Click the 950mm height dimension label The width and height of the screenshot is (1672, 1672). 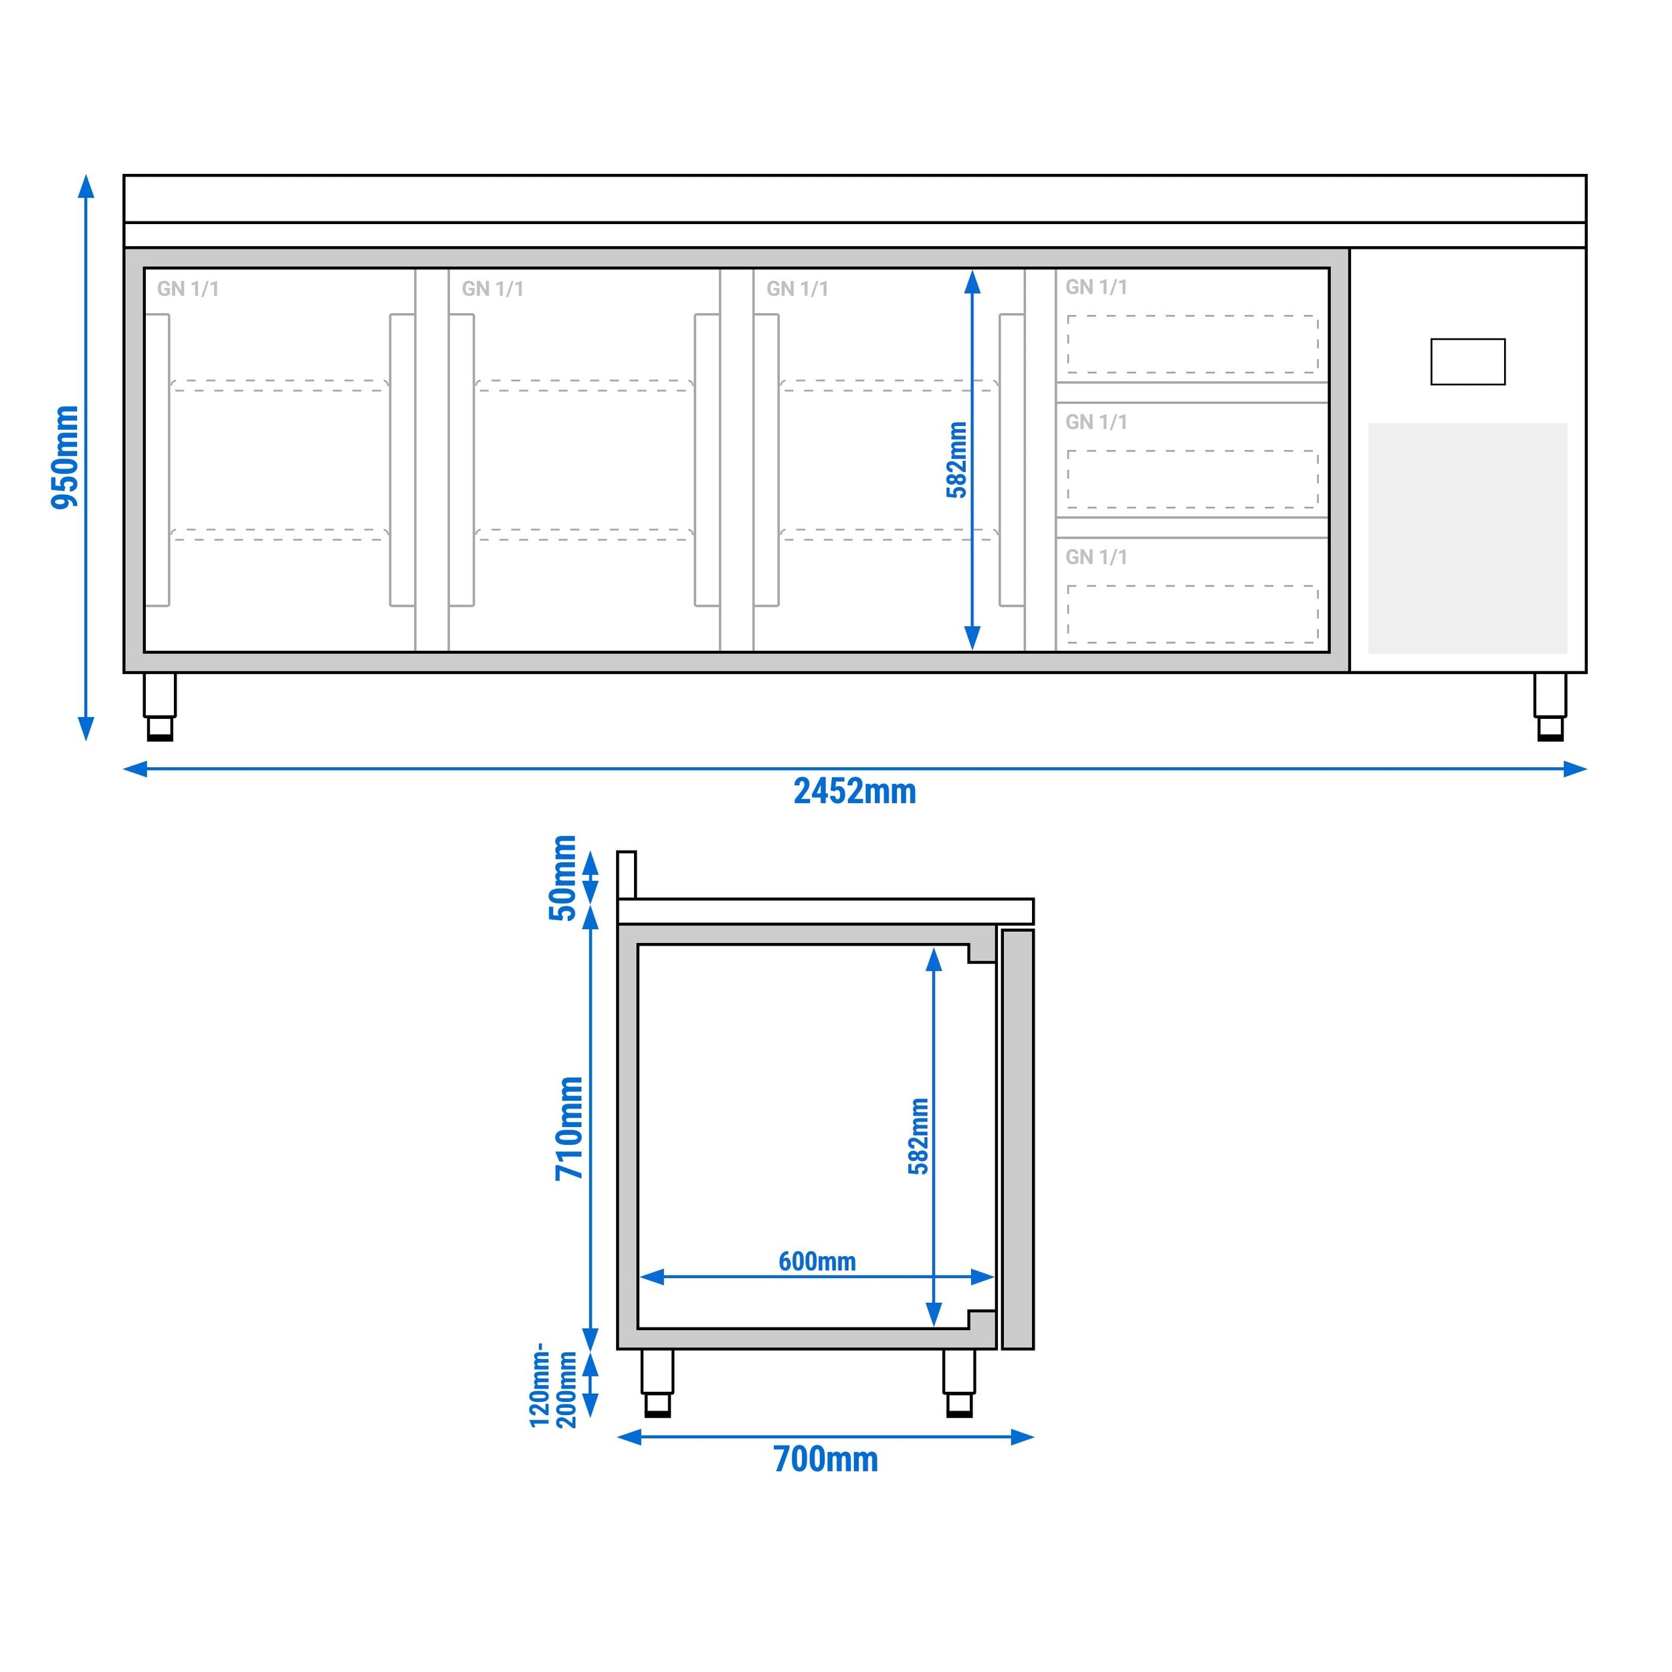click(x=65, y=457)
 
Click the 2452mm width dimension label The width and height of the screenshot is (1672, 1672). click(x=854, y=791)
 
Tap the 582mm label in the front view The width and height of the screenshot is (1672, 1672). click(x=956, y=459)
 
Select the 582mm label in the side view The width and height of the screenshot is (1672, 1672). click(x=918, y=1136)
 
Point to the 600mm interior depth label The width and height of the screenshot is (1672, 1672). click(x=817, y=1261)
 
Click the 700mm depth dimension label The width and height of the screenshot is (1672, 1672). click(x=825, y=1459)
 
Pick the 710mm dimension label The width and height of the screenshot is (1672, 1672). click(x=569, y=1128)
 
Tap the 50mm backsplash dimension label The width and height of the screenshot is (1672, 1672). click(x=563, y=877)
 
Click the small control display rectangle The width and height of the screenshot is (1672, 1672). click(x=1468, y=362)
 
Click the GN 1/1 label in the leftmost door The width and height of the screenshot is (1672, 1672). click(x=188, y=289)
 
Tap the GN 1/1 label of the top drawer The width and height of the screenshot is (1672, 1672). click(x=1095, y=288)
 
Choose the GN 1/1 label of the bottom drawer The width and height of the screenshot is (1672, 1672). click(x=1095, y=557)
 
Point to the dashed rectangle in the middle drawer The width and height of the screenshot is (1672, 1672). click(x=1192, y=480)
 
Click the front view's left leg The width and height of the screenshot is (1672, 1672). click(x=160, y=706)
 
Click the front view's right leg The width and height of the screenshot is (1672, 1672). click(x=1550, y=706)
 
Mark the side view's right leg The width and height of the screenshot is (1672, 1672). click(x=959, y=1382)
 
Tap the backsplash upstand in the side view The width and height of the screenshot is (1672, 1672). click(x=627, y=875)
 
